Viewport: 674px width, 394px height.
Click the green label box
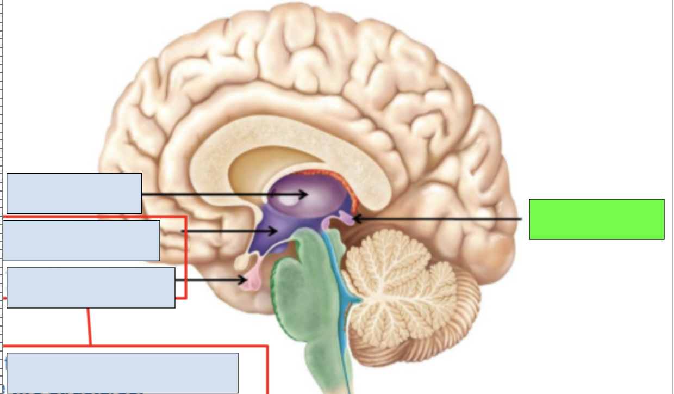[596, 219]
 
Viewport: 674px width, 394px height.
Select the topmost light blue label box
[74, 193]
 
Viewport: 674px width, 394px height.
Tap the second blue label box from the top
[81, 241]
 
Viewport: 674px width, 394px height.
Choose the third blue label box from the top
[91, 288]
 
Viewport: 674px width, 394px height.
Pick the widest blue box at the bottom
[122, 373]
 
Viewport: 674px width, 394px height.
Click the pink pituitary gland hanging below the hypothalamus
[252, 281]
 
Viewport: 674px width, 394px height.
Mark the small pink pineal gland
[346, 218]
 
